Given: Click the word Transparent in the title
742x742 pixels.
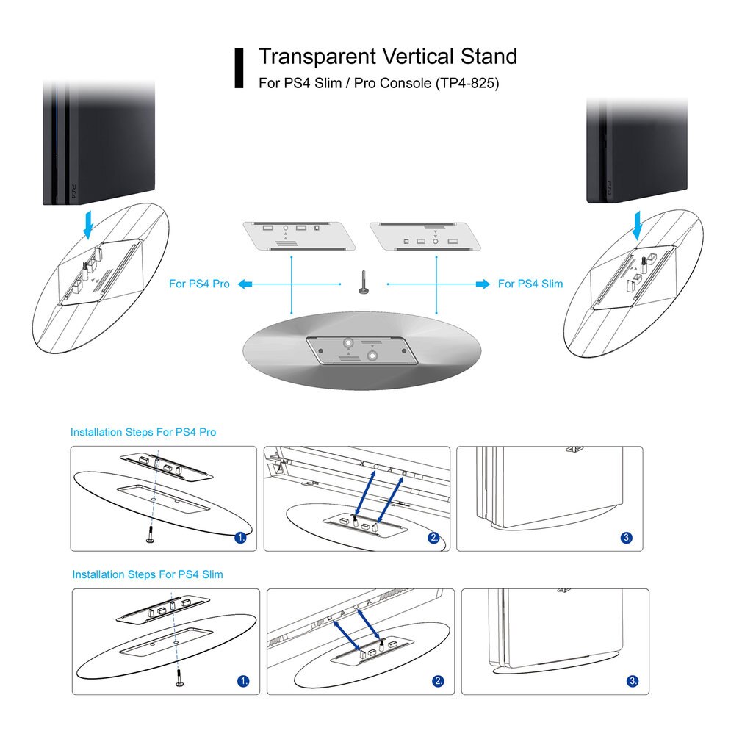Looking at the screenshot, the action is [317, 57].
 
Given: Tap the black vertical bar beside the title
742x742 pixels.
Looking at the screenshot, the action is [239, 68].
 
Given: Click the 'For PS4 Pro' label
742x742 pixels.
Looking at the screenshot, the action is [199, 284].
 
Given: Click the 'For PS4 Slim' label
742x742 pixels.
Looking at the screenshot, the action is [530, 284].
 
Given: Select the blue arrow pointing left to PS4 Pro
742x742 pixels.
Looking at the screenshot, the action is [245, 284].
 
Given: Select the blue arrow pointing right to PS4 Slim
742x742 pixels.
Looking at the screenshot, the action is [483, 284].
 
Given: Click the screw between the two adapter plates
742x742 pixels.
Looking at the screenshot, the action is [364, 282].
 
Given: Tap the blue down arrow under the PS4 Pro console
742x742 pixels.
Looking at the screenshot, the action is [88, 225].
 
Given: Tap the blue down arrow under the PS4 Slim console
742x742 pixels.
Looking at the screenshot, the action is [638, 226].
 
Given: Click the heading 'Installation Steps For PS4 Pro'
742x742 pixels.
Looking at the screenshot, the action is [143, 432].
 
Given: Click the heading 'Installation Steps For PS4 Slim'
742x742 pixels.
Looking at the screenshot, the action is [148, 574].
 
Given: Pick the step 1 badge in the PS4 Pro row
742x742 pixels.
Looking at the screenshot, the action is [240, 538].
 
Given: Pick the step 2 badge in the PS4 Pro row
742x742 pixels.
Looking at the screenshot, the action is [433, 538].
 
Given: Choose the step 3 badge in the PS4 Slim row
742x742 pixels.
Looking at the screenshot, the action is [633, 681].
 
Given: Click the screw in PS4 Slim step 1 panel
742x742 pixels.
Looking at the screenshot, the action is [179, 677].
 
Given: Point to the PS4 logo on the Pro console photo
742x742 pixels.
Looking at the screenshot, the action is [73, 191].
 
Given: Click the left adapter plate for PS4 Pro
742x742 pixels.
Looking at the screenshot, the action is [299, 235].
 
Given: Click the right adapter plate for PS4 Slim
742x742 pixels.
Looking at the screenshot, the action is [425, 236].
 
